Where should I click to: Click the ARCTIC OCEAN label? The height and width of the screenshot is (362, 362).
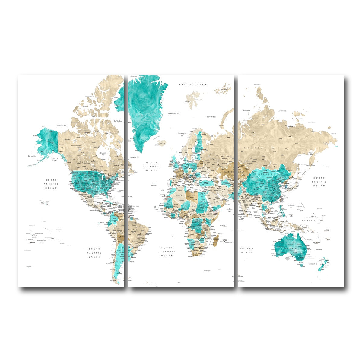pos(193,85)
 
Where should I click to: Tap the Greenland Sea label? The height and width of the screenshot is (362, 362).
pos(174,113)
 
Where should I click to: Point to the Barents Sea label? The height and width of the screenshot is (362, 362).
pos(211,117)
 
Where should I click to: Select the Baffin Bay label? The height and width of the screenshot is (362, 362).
pos(118,121)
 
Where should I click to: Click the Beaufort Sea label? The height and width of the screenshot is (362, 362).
pos(62,125)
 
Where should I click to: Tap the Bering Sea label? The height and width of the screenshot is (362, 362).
pos(32,156)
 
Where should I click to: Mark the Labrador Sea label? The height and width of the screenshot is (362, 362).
pos(135,157)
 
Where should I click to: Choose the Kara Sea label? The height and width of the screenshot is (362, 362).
pos(246,110)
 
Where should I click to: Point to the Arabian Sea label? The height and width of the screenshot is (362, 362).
pos(229,210)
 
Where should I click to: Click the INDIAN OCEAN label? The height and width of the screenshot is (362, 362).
pos(247,250)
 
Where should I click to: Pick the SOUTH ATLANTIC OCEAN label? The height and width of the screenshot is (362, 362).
pos(167,251)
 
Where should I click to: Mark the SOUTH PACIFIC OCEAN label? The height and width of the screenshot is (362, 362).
pos(94,253)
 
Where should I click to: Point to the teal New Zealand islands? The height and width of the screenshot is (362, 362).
pos(323,263)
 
